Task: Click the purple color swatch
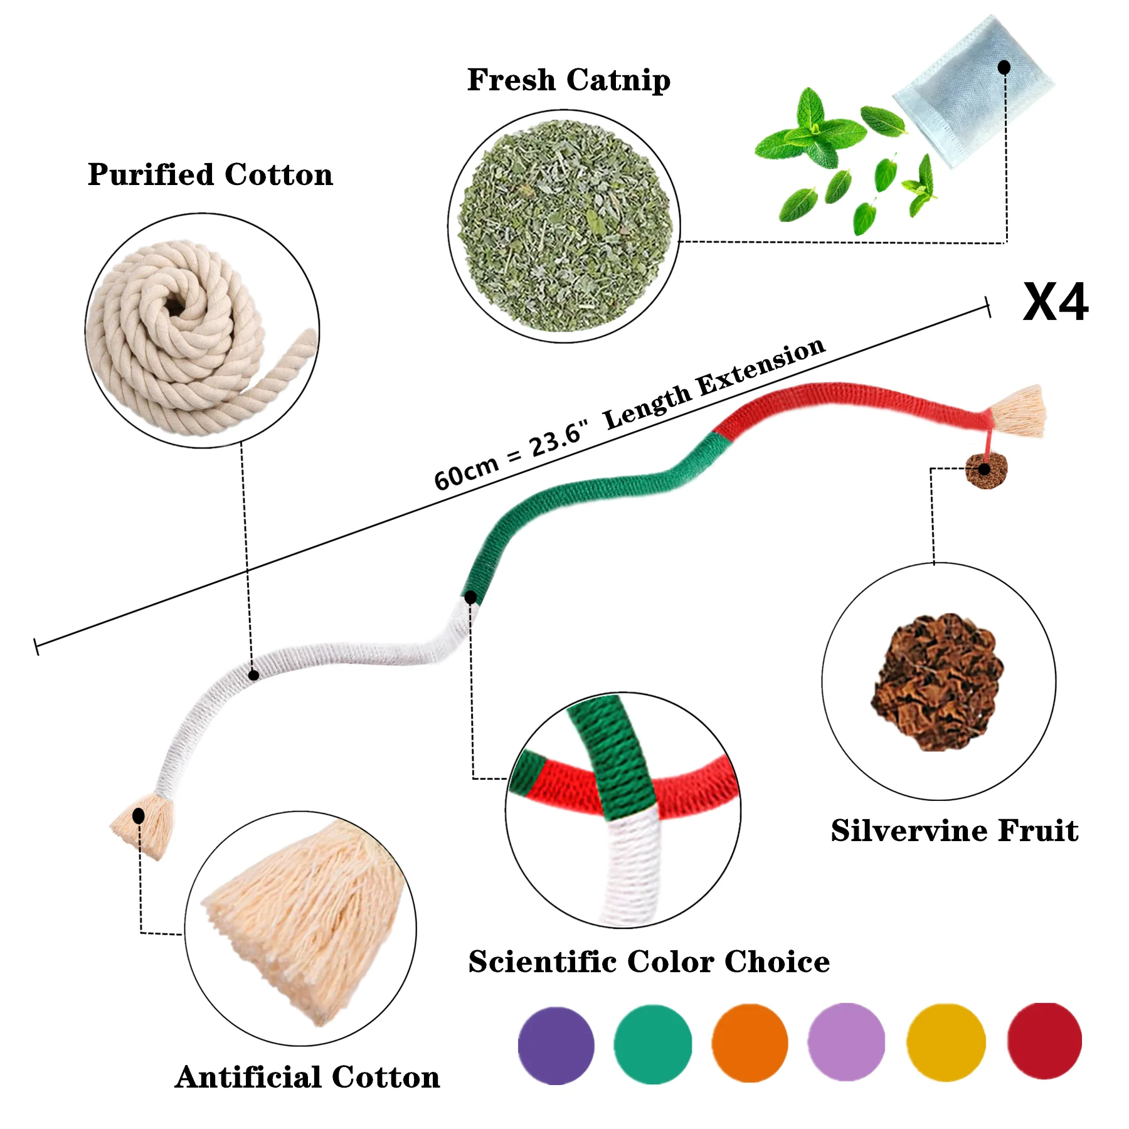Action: [556, 1046]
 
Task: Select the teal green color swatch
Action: [652, 1044]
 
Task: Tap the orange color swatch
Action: [750, 1043]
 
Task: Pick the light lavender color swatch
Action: [846, 1042]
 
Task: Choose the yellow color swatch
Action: [946, 1042]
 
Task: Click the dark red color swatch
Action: [1044, 1041]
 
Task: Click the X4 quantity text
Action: [1055, 302]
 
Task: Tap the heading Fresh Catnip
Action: [568, 80]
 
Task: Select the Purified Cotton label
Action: [210, 174]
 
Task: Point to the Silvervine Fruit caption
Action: [954, 831]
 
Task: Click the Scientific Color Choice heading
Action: [649, 962]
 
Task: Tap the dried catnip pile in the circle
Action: [564, 226]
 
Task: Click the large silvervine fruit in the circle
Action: [937, 682]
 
